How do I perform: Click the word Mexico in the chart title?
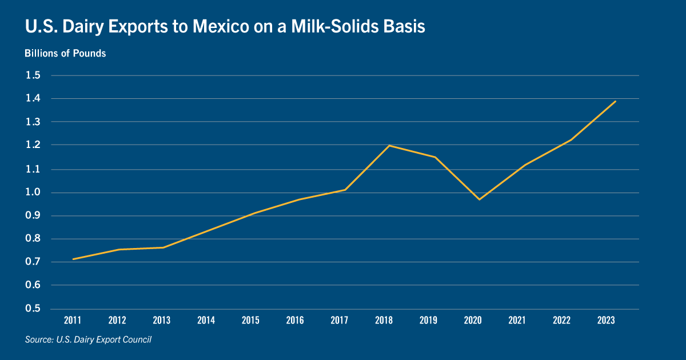tap(221, 26)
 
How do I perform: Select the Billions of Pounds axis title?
tap(65, 53)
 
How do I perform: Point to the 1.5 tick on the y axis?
tap(33, 75)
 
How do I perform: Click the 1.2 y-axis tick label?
tap(33, 145)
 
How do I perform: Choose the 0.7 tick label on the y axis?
tap(33, 262)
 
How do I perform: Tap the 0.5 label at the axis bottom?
tap(33, 308)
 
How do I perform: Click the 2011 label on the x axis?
tap(73, 320)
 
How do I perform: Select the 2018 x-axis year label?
tap(384, 320)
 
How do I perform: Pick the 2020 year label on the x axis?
tap(473, 320)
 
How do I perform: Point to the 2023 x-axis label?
tap(606, 320)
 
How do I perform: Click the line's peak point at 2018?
tap(389, 145)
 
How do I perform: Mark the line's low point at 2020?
tap(479, 199)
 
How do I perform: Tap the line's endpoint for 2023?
tap(616, 101)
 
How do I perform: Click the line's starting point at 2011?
tap(73, 259)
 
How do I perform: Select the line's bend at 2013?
tap(163, 247)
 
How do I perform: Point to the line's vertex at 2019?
tap(435, 157)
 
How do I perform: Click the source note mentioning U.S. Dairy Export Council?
tap(88, 339)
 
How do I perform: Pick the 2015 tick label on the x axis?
tap(250, 320)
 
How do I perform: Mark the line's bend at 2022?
tap(571, 140)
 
